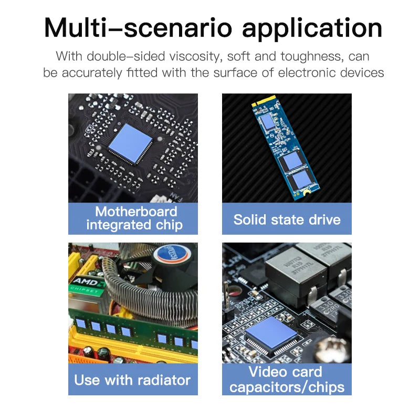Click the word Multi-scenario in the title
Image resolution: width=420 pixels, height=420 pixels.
tap(138, 28)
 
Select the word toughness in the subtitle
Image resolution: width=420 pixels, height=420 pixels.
tap(311, 57)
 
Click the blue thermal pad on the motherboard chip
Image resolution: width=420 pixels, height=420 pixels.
tap(130, 143)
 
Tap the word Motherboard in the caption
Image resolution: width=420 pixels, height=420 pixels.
tap(136, 212)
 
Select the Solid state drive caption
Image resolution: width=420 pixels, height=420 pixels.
tap(287, 219)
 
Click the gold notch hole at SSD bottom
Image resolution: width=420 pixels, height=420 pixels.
tap(306, 191)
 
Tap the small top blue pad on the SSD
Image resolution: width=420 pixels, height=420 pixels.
tap(268, 121)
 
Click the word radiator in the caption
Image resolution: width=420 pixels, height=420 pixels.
tap(164, 380)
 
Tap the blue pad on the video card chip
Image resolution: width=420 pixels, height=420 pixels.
tap(271, 332)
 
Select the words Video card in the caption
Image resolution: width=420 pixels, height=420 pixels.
tap(285, 372)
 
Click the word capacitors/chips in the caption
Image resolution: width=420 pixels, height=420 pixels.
tap(287, 387)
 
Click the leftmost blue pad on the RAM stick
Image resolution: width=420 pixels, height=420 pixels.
tap(81, 323)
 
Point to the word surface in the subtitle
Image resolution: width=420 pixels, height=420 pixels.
tap(234, 72)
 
